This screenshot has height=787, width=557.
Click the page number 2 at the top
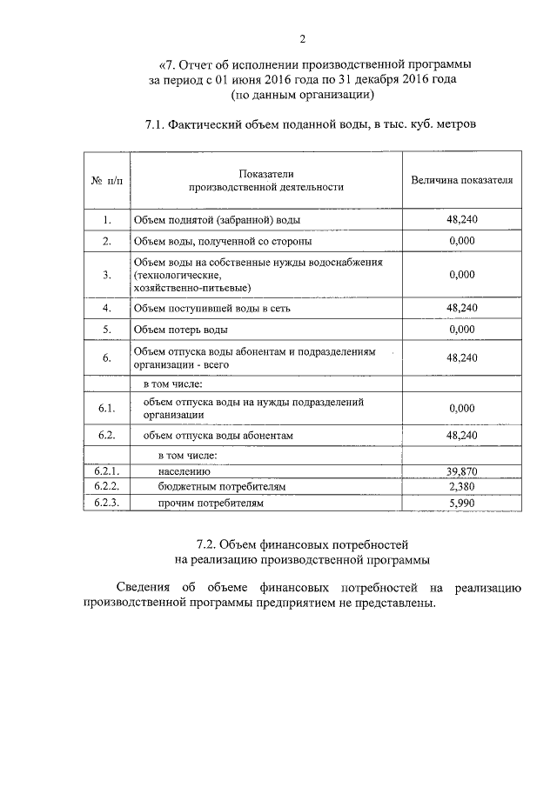point(302,38)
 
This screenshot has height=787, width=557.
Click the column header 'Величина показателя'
point(461,180)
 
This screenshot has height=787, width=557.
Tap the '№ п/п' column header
point(106,181)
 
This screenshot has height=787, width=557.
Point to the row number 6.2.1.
point(106,471)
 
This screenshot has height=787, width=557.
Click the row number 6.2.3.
point(106,503)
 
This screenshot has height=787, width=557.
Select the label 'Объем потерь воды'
point(181,330)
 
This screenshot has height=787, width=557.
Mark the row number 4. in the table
point(106,308)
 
